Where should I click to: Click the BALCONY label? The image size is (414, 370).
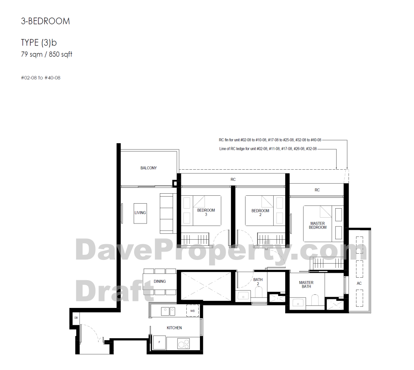(148, 168)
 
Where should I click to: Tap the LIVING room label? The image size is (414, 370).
(140, 213)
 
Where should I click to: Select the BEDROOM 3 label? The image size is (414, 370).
(206, 212)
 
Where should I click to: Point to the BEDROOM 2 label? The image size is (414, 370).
(260, 213)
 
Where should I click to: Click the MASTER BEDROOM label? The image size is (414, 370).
(318, 226)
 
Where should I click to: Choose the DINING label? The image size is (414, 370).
(160, 281)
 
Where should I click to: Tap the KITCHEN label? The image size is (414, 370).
(174, 328)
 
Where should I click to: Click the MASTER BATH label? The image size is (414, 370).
(306, 284)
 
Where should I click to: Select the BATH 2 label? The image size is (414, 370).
(258, 281)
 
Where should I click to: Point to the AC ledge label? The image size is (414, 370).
(359, 284)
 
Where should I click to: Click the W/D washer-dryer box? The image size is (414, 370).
(193, 311)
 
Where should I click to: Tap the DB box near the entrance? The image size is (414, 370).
(76, 318)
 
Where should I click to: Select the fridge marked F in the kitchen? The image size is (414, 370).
(159, 342)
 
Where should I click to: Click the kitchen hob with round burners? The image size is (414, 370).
(183, 344)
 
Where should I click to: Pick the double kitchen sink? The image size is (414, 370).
(168, 311)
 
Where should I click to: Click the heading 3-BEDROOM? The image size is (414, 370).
(46, 21)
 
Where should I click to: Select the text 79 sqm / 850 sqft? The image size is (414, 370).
(46, 54)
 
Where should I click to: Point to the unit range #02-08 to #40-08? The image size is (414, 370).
(41, 78)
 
